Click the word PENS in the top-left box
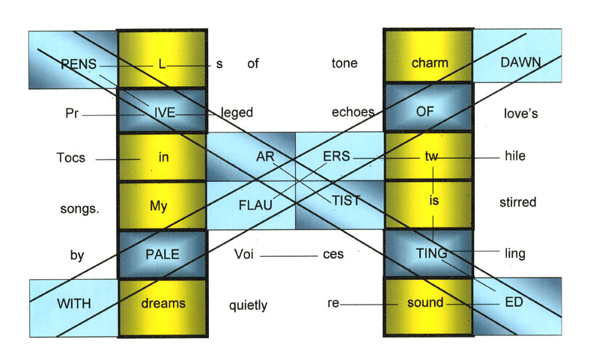coord(79,64)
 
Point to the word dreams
coord(163,304)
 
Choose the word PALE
coord(163,254)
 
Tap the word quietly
coord(248,305)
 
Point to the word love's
coord(520,113)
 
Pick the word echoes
coord(352,113)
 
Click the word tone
coord(344,64)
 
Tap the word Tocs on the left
coord(70,159)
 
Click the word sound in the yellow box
coord(425,304)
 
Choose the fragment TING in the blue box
coord(431,254)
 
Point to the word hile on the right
coord(515,158)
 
